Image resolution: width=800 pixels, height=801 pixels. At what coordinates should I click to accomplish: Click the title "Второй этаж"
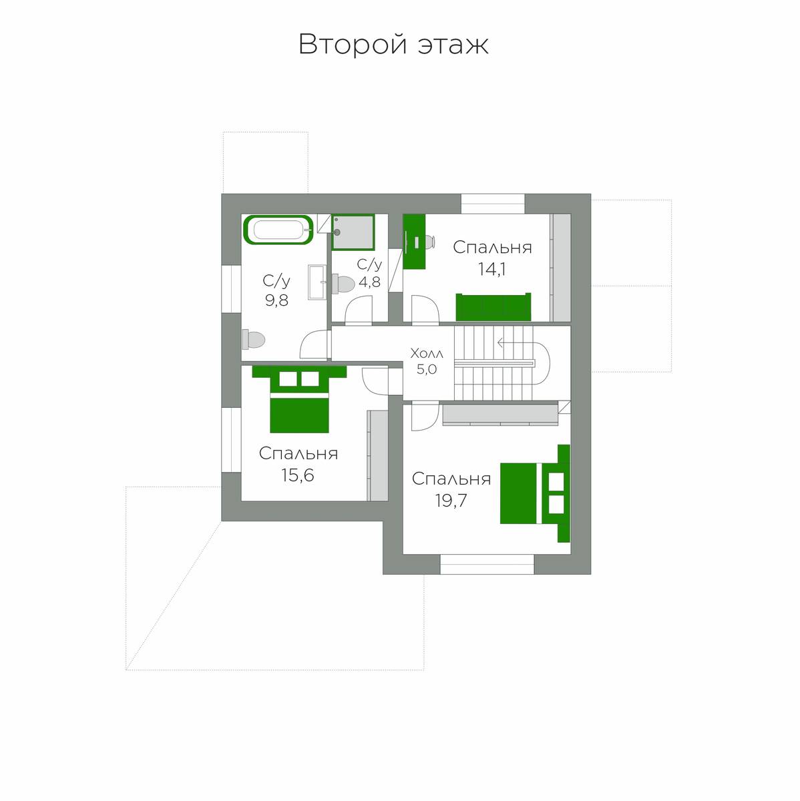click(393, 45)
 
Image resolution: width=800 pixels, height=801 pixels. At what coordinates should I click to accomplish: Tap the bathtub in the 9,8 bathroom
click(278, 230)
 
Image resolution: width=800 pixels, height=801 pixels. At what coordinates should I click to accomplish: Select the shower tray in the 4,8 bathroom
click(353, 232)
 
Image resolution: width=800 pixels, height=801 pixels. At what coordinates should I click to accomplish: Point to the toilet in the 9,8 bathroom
click(253, 340)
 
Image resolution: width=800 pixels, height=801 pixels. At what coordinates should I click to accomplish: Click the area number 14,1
click(491, 270)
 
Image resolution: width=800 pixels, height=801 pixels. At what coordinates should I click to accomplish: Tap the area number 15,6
click(298, 475)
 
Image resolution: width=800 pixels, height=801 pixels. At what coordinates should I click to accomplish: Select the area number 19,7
click(451, 501)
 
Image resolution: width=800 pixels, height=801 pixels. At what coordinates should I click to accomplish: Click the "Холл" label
click(427, 354)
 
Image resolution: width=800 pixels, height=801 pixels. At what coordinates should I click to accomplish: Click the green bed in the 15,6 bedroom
click(300, 399)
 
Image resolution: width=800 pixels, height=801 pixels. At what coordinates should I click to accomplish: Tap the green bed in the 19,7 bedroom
click(535, 493)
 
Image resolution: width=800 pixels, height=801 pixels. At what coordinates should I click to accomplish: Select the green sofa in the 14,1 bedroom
click(493, 307)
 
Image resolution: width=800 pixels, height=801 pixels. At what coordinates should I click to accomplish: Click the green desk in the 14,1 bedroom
click(414, 242)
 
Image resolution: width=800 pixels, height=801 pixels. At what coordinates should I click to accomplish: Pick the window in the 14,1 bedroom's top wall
click(493, 204)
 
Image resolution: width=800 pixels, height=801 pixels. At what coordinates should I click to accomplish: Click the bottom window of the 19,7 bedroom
click(487, 564)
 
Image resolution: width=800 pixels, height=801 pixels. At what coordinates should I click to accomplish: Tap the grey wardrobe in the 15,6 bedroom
click(377, 456)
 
